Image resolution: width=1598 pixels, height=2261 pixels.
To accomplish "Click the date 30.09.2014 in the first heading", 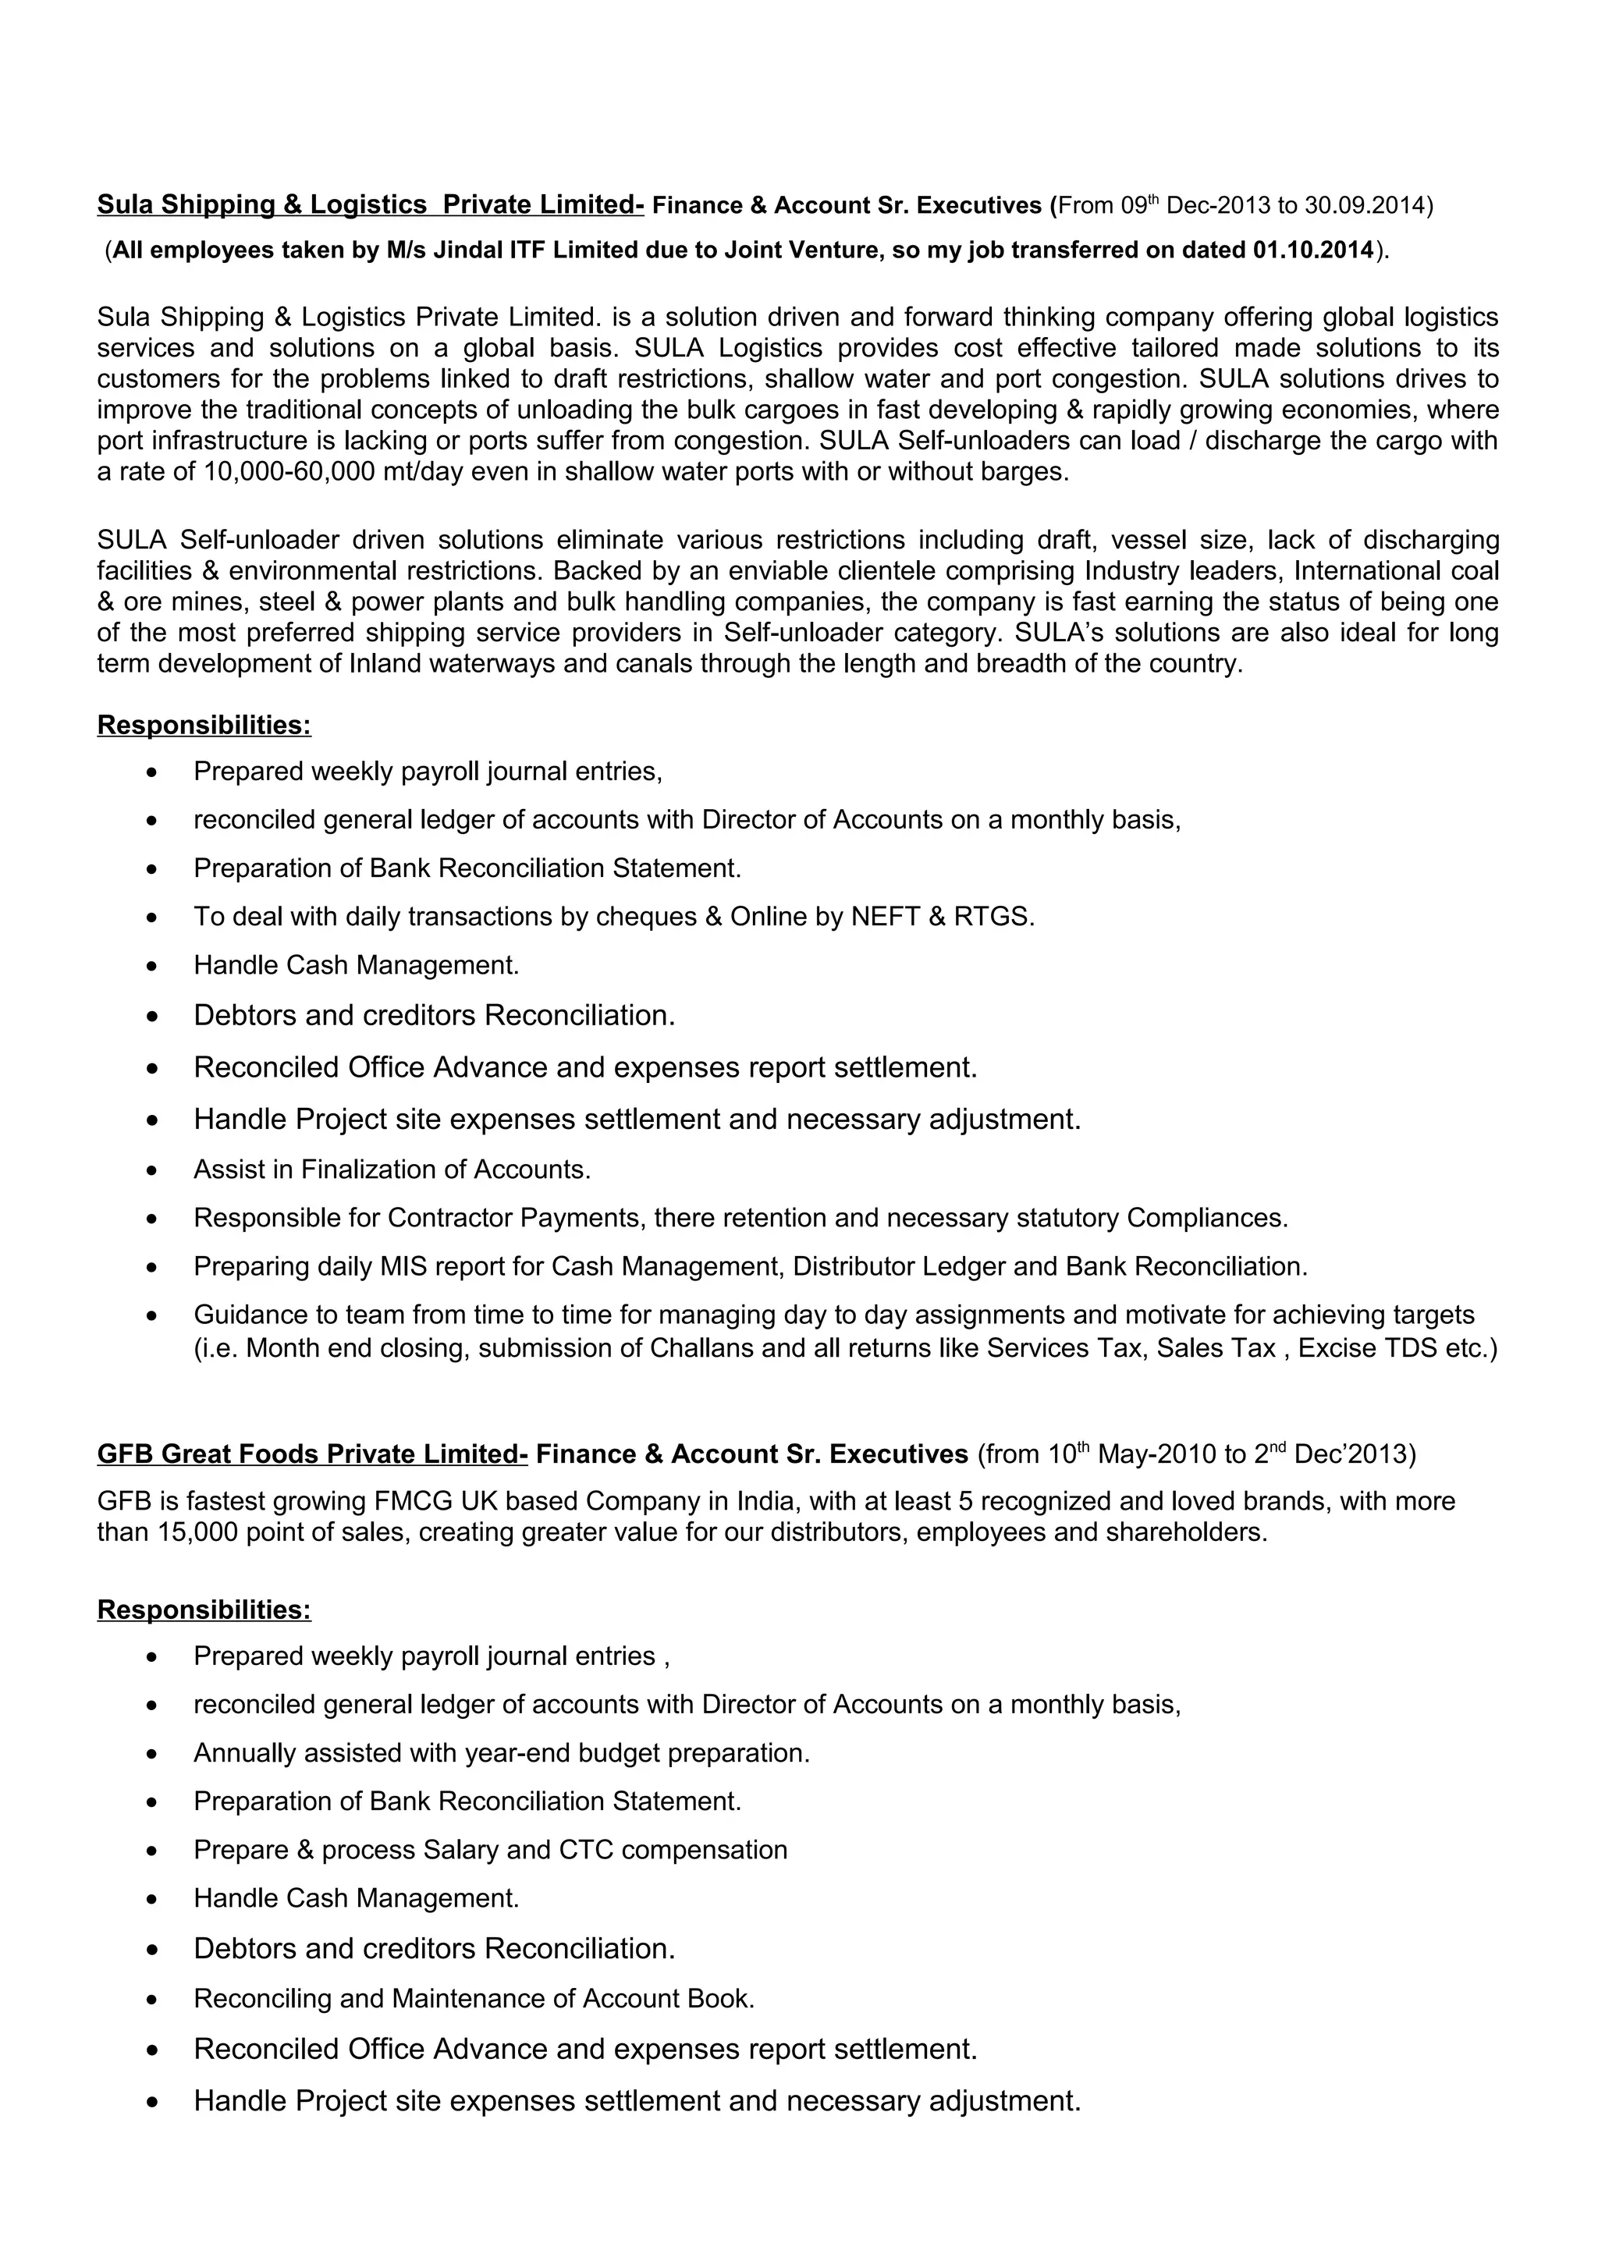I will coord(1364,205).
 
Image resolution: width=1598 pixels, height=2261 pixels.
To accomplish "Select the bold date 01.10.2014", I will coord(1312,250).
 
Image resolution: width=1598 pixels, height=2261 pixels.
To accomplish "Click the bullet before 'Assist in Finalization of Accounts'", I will coord(151,1171).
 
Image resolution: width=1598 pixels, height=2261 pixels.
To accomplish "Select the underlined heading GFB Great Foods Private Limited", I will coord(312,1454).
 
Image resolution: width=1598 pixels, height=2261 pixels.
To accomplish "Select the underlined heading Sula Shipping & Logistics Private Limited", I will coord(370,205).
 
